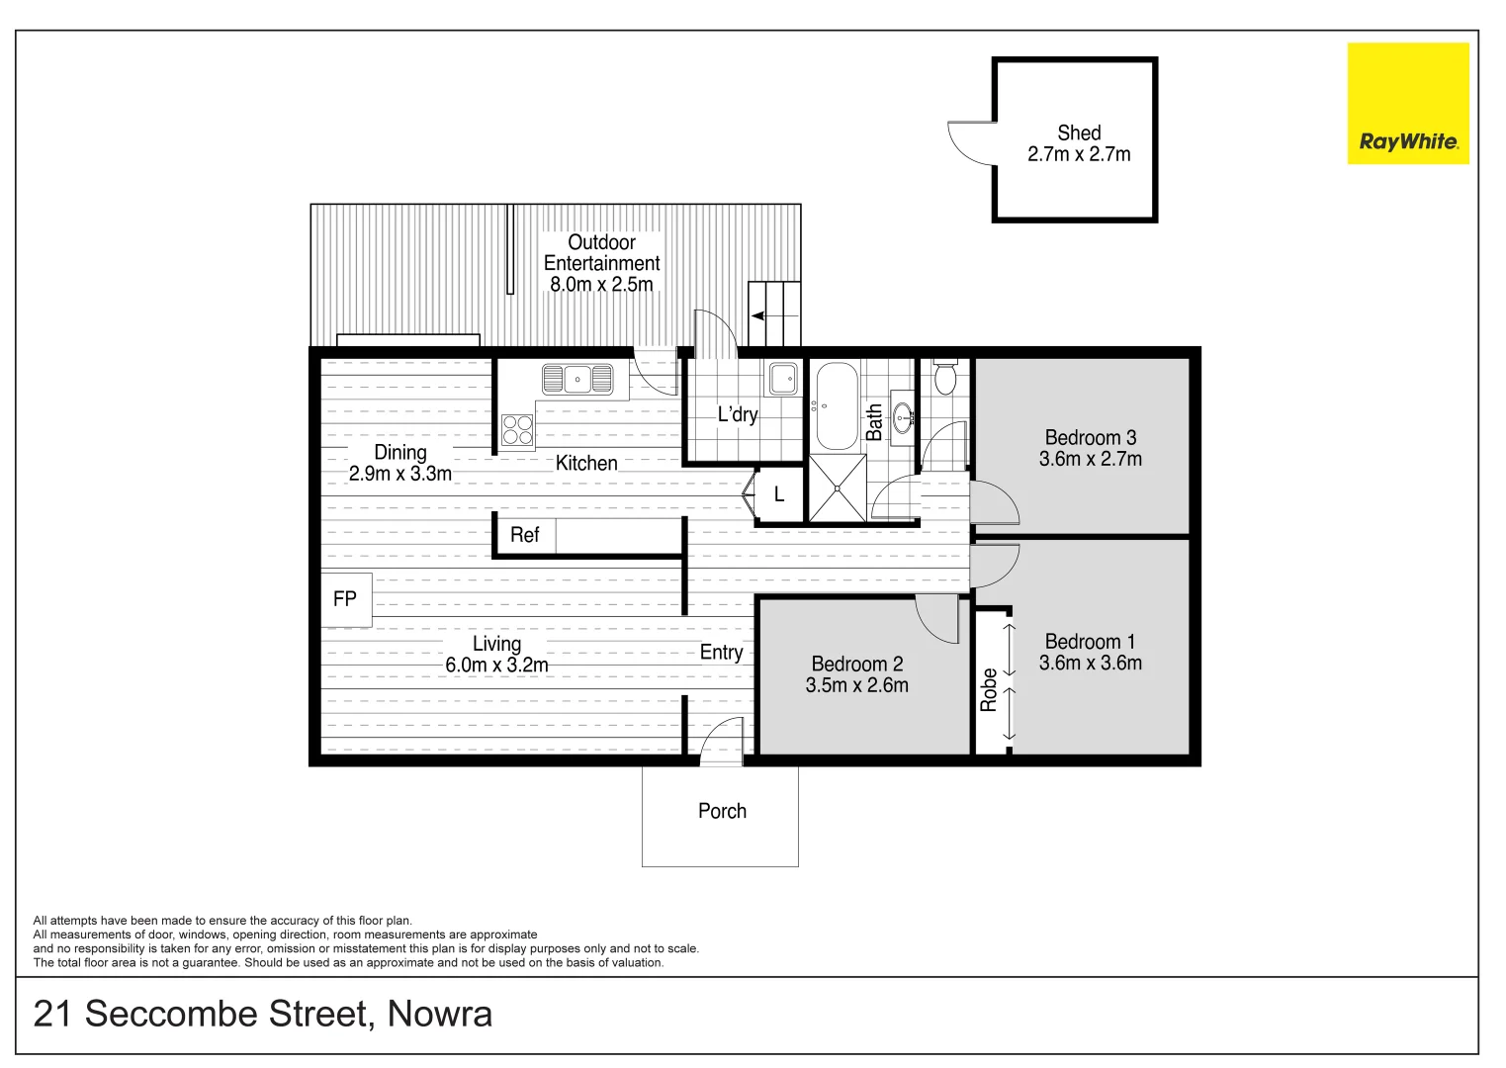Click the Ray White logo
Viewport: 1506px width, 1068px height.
point(1407,103)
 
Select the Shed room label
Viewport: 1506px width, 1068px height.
point(1079,133)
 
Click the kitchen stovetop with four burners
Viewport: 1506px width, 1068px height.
point(517,430)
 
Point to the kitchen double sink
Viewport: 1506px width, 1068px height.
point(577,379)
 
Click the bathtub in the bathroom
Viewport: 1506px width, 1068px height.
point(837,405)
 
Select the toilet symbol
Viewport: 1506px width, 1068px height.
point(945,377)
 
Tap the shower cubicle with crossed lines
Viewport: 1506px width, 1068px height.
point(838,488)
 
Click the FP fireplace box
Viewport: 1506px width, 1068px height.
point(346,599)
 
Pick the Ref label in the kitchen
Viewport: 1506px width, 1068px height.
point(524,535)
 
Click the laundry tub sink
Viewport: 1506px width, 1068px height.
point(783,378)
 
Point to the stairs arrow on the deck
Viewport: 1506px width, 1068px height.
point(758,316)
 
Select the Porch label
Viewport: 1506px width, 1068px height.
point(722,811)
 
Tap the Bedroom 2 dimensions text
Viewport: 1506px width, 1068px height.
point(856,685)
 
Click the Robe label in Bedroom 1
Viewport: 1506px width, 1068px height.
point(989,689)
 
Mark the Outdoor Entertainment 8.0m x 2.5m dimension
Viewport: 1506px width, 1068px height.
point(601,285)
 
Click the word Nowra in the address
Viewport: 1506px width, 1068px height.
point(439,1014)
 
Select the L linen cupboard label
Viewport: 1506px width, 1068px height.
point(779,494)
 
